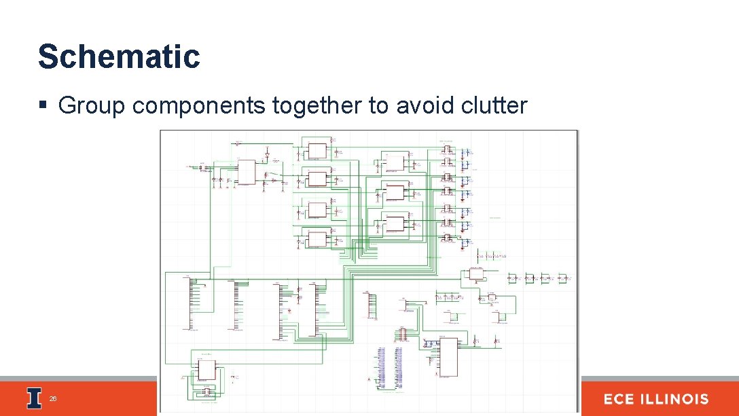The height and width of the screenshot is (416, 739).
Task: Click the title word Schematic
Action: click(119, 56)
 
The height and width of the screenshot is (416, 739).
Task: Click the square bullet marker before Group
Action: click(43, 106)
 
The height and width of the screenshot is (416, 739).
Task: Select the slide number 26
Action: click(52, 399)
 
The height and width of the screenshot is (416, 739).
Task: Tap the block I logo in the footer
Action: click(34, 398)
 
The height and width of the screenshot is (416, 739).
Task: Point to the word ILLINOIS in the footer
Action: click(677, 399)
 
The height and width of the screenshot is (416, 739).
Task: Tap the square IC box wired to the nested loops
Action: click(206, 369)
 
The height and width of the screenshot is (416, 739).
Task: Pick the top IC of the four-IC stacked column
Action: click(317, 150)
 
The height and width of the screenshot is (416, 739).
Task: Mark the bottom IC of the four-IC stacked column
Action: click(317, 239)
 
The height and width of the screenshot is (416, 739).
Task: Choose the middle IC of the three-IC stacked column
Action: click(395, 193)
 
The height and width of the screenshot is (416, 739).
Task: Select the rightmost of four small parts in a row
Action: click(562, 278)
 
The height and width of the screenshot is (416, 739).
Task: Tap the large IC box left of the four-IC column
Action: click(246, 171)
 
